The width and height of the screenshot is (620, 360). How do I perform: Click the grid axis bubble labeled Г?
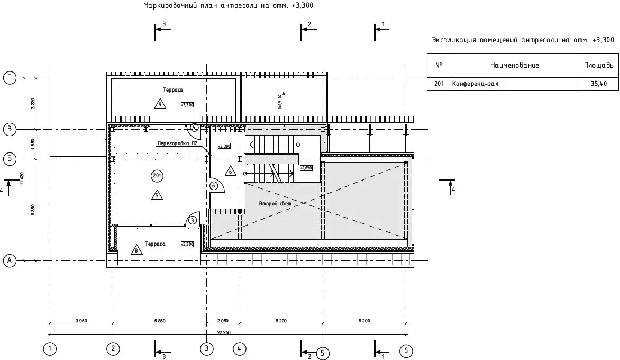tap(10, 78)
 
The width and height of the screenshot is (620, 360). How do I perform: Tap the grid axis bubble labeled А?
tap(10, 260)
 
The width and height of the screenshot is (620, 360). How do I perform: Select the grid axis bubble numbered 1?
tap(50, 349)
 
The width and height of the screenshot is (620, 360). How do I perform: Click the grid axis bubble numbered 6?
tap(406, 350)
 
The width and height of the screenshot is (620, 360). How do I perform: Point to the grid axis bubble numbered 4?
tap(240, 349)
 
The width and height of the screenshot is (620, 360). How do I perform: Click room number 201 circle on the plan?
tap(157, 176)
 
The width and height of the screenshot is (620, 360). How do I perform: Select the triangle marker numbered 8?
tap(137, 250)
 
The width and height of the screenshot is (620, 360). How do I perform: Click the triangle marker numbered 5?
tap(157, 194)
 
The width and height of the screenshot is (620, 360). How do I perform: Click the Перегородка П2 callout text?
tap(177, 143)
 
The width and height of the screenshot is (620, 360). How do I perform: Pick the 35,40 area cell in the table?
tap(599, 84)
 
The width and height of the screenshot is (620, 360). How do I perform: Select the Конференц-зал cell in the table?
tap(475, 84)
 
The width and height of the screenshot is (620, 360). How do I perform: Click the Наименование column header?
tap(514, 65)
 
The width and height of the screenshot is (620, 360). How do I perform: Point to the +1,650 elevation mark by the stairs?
tap(306, 168)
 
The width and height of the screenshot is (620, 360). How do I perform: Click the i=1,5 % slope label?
tap(280, 100)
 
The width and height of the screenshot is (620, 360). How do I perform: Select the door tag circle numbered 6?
tap(214, 186)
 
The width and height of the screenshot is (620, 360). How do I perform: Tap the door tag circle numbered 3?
tap(193, 220)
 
